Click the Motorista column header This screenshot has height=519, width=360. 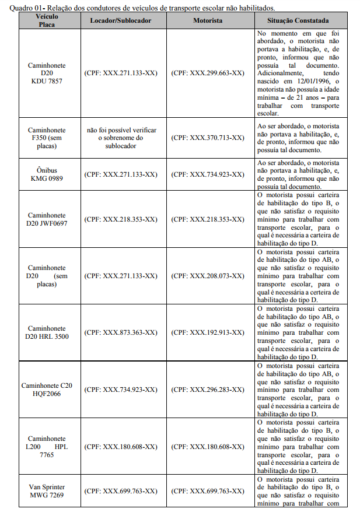point(208,20)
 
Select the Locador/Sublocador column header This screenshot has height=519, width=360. point(121,20)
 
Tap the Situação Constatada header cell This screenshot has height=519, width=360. point(298,20)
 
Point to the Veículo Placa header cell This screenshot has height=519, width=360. point(47,20)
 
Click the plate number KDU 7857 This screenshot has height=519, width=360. point(47,82)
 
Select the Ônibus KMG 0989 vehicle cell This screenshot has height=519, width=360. point(47,174)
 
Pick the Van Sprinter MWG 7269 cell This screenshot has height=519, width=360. point(47,491)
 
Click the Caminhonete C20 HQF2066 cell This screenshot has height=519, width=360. point(47,390)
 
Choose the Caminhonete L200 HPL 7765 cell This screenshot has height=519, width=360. point(47,446)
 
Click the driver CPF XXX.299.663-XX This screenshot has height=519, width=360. point(208,73)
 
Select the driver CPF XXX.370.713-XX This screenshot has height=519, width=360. point(208,138)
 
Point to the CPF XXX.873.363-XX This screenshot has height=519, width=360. point(121,332)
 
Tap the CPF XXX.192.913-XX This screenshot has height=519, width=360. point(208,332)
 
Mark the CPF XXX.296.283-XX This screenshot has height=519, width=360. point(208,390)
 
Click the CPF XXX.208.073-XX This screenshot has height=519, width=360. point(208,276)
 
